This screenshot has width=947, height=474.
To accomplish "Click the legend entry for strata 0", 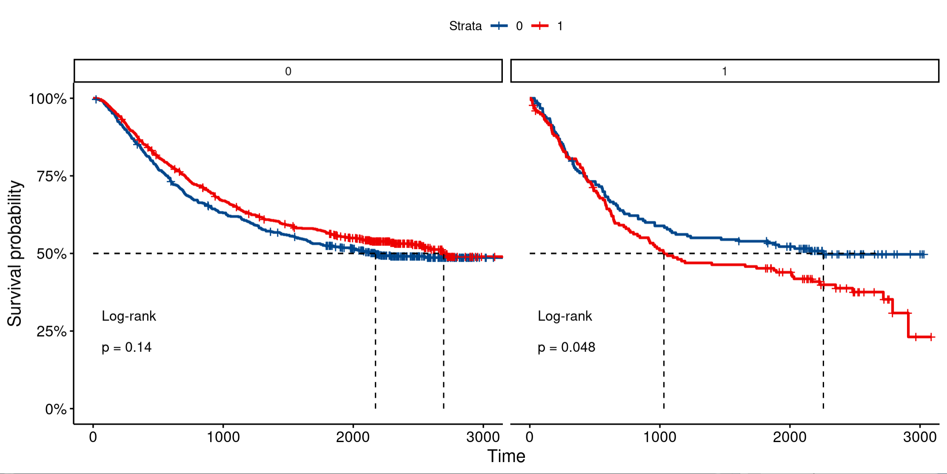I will pyautogui.click(x=506, y=26).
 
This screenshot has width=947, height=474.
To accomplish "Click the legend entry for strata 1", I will pyautogui.click(x=548, y=26).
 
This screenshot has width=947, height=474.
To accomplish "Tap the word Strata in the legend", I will pyautogui.click(x=465, y=26).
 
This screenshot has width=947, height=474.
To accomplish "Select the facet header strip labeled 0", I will pyautogui.click(x=288, y=71).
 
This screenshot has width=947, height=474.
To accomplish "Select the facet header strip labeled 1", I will pyautogui.click(x=725, y=71).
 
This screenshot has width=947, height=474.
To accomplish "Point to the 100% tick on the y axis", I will pyautogui.click(x=48, y=99).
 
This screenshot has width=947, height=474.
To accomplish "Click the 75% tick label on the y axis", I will pyautogui.click(x=51, y=176).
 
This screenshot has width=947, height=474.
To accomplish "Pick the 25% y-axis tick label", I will pyautogui.click(x=51, y=331).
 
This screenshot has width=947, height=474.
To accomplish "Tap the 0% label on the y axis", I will pyautogui.click(x=56, y=409).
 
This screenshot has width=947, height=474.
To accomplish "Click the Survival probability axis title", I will pyautogui.click(x=14, y=253).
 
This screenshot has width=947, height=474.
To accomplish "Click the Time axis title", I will pyautogui.click(x=506, y=456).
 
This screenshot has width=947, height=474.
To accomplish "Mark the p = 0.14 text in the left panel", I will pyautogui.click(x=126, y=347).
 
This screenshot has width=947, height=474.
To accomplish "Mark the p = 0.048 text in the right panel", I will pyautogui.click(x=566, y=347).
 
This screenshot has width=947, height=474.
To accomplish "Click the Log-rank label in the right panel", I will pyautogui.click(x=565, y=316).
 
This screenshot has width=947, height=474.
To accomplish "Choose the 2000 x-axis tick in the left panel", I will pyautogui.click(x=353, y=437).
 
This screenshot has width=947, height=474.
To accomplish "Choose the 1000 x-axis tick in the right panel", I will pyautogui.click(x=659, y=437).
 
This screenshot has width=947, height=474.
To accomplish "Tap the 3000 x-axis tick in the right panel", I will pyautogui.click(x=920, y=437).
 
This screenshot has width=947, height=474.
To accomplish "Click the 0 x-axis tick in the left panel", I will pyautogui.click(x=93, y=437).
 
